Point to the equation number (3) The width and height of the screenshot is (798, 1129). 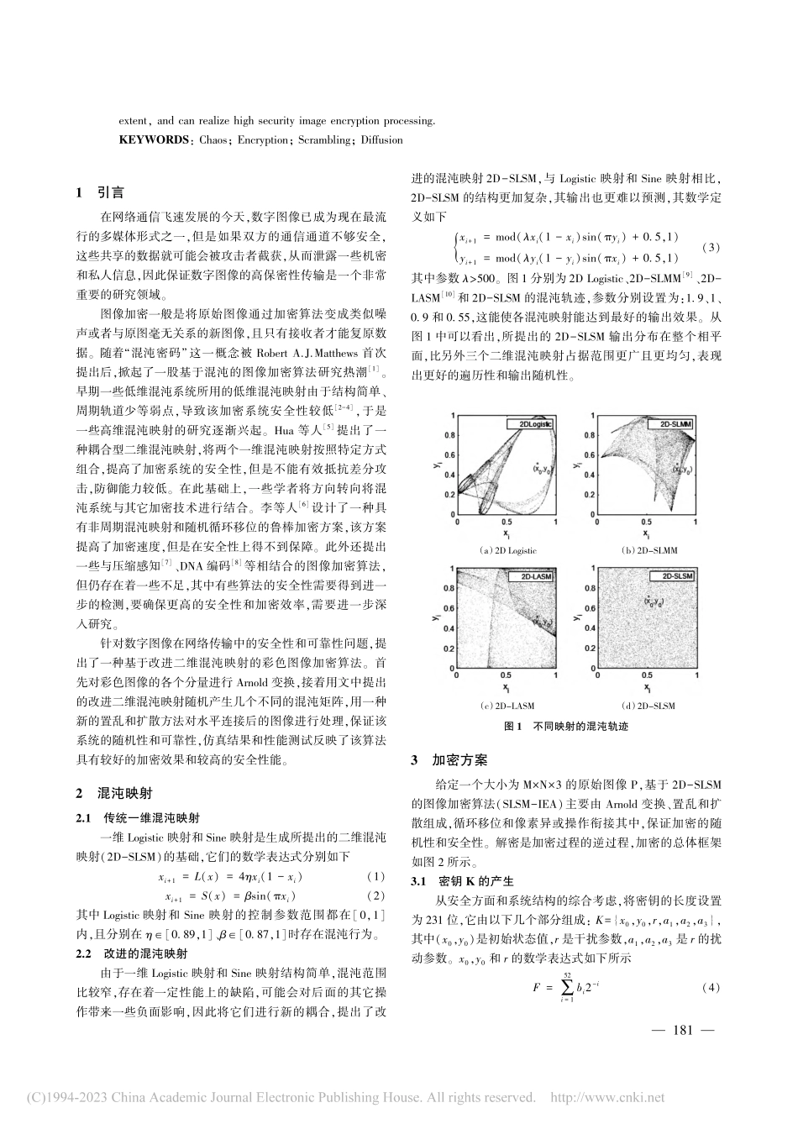click(711, 247)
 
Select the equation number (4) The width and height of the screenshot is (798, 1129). click(711, 988)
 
